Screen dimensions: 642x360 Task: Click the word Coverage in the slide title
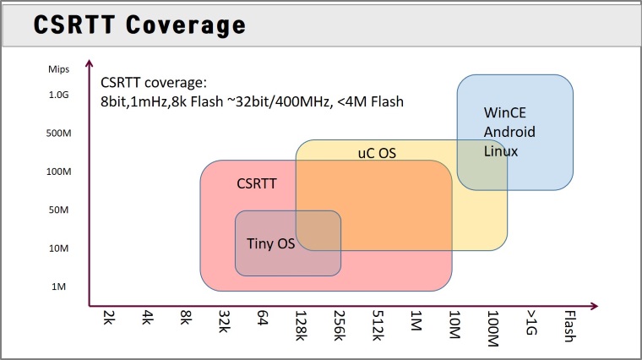pyautogui.click(x=186, y=25)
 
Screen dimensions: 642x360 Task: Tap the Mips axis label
pyautogui.click(x=58, y=69)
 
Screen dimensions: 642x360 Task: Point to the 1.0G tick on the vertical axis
pyautogui.click(x=58, y=95)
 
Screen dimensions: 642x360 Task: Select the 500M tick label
pyautogui.click(x=58, y=134)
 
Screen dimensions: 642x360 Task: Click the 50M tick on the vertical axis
pyautogui.click(x=58, y=210)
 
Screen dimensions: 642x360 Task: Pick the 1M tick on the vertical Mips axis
pyautogui.click(x=58, y=286)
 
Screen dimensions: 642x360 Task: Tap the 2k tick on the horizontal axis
pyautogui.click(x=109, y=318)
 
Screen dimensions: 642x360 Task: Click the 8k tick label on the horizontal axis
pyautogui.click(x=186, y=318)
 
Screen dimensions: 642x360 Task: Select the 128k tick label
pyautogui.click(x=301, y=325)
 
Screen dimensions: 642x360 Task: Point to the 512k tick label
pyautogui.click(x=378, y=325)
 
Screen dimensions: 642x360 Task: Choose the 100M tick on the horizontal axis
pyautogui.click(x=493, y=329)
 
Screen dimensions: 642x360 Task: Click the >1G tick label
pyautogui.click(x=531, y=323)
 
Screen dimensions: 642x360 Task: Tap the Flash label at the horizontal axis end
pyautogui.click(x=570, y=326)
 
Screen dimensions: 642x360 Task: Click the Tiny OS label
pyautogui.click(x=270, y=243)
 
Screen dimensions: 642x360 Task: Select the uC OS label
pyautogui.click(x=377, y=153)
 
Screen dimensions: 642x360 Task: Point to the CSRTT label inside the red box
pyautogui.click(x=257, y=183)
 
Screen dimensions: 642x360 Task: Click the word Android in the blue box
pyautogui.click(x=509, y=132)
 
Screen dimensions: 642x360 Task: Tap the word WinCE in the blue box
pyautogui.click(x=505, y=112)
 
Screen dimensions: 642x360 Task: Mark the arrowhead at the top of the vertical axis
pyautogui.click(x=90, y=63)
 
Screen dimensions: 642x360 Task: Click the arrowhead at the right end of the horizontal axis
pyautogui.click(x=595, y=306)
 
